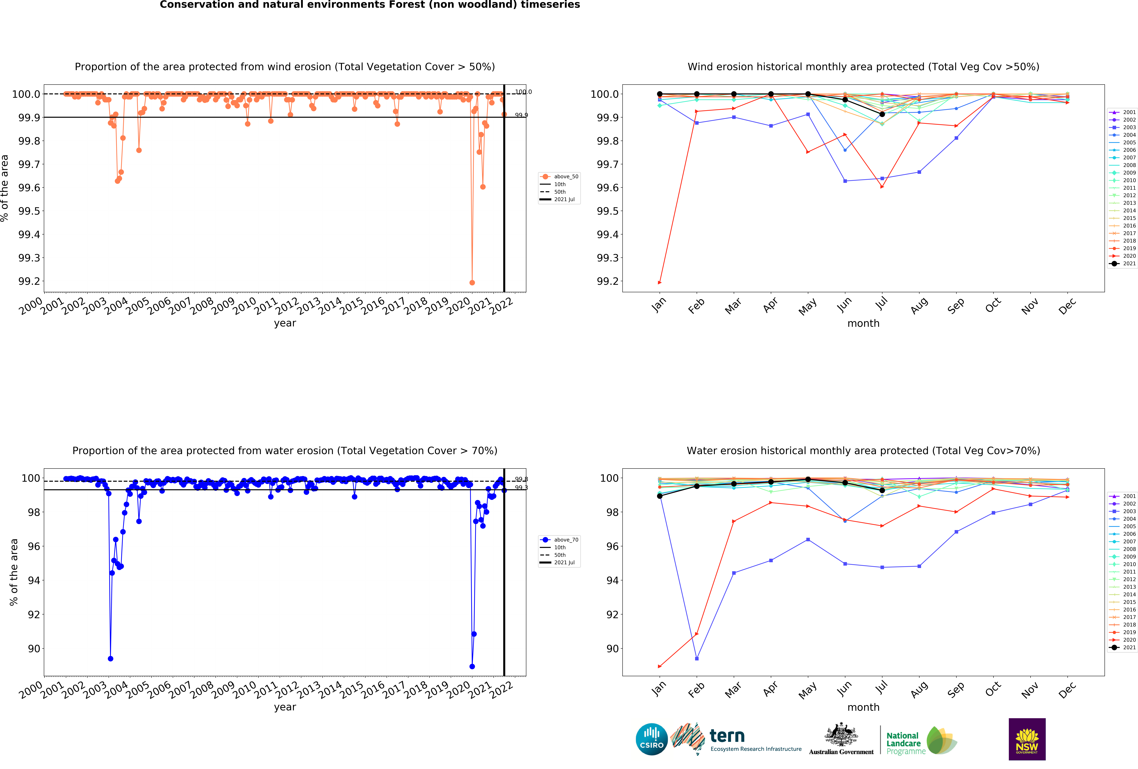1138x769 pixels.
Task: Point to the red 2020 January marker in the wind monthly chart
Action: pos(660,282)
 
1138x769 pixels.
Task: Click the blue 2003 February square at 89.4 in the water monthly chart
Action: pos(697,658)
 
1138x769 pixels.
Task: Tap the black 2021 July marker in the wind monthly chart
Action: pos(882,114)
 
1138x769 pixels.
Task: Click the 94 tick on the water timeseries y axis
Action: pos(34,580)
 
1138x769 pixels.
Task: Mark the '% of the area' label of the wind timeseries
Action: pos(5,188)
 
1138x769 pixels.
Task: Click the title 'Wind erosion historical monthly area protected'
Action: pos(863,67)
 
